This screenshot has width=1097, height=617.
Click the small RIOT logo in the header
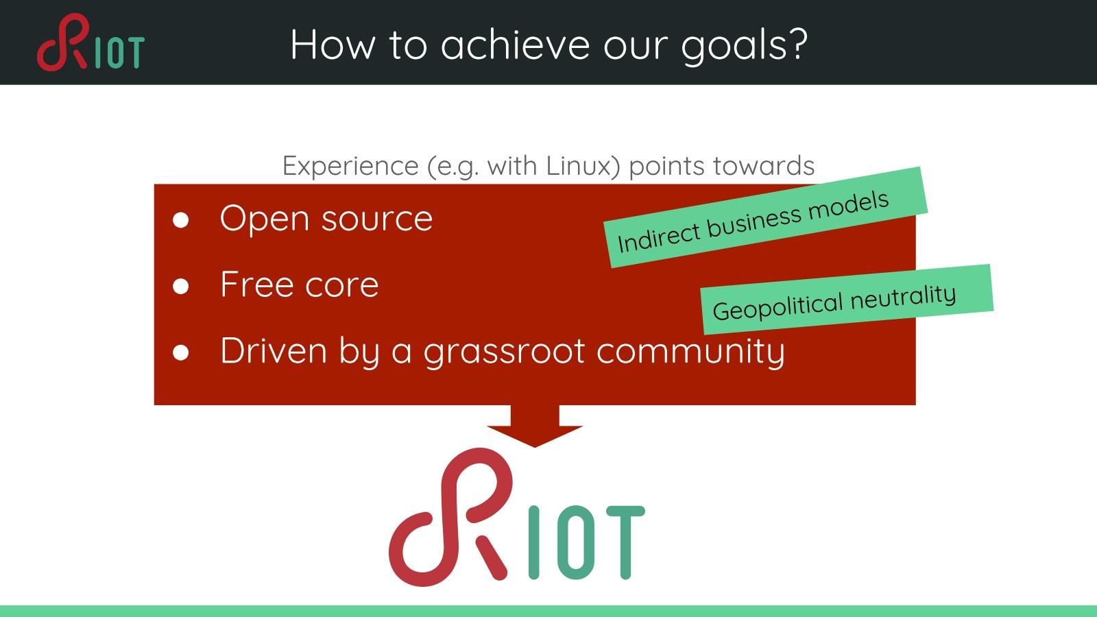[91, 43]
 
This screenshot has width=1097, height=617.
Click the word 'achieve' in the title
[515, 45]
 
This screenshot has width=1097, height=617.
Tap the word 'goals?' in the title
[745, 46]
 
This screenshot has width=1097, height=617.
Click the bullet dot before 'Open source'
[181, 220]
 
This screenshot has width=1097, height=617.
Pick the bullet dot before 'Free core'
[181, 286]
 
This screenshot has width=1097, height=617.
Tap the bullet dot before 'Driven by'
[181, 352]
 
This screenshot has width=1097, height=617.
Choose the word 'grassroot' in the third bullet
[504, 352]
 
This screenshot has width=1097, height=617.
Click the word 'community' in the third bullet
[690, 352]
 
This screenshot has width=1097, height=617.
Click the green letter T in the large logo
[625, 542]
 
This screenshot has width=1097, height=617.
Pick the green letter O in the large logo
[578, 542]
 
